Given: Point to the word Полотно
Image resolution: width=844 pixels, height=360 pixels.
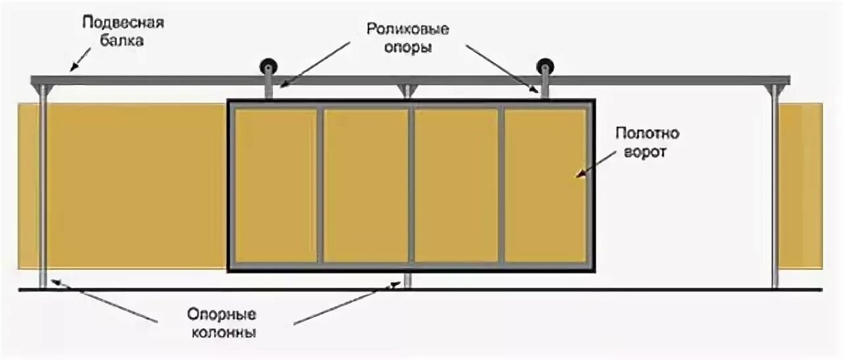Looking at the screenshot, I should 641,134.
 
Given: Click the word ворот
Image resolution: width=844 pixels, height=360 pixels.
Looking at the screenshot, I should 642,152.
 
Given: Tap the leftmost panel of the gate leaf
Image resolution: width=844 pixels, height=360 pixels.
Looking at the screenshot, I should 276,185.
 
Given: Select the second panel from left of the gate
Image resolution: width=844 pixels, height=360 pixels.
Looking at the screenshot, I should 366,185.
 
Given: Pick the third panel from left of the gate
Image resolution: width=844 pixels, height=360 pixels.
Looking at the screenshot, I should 456,185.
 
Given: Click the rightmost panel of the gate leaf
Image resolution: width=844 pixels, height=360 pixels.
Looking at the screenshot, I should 545,185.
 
